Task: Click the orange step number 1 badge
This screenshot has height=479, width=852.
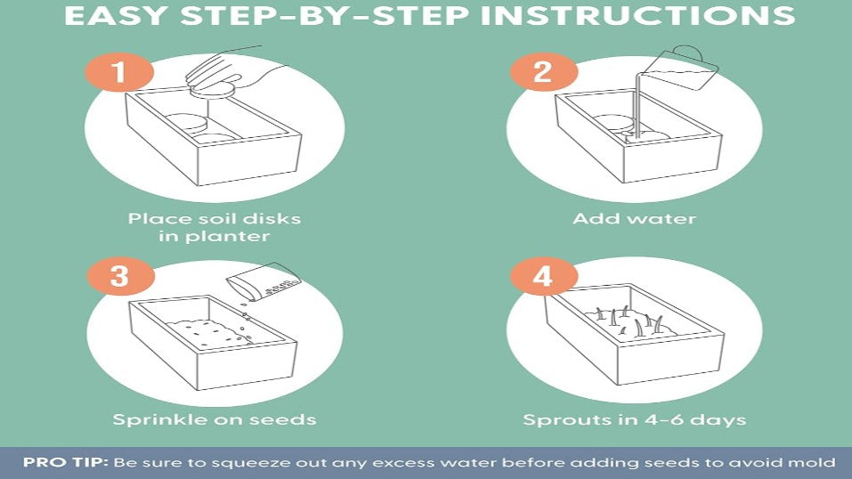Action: [119, 72]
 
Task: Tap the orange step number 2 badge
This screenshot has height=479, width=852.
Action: [543, 72]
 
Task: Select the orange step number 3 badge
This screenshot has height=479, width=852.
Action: [120, 276]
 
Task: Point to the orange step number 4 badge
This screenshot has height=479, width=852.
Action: [543, 276]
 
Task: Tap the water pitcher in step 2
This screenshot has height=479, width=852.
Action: [679, 69]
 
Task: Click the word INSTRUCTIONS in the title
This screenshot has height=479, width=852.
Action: [638, 15]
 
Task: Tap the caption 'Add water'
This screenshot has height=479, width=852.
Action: [634, 218]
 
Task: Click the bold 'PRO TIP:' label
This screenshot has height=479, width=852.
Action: [66, 463]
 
